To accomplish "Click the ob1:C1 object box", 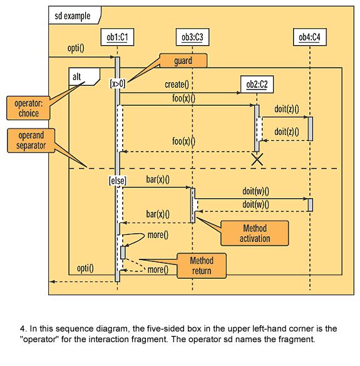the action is [x=117, y=37].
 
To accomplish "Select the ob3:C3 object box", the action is [x=192, y=37].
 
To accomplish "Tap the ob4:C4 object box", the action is [x=310, y=37].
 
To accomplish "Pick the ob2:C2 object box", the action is [x=257, y=84].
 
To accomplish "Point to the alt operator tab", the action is [x=84, y=77].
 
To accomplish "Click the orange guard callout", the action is [x=183, y=61].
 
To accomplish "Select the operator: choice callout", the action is [x=28, y=108].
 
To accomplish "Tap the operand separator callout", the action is [x=31, y=140].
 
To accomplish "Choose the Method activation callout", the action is [x=255, y=233].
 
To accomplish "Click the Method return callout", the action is [x=202, y=266].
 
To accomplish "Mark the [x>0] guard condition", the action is [x=118, y=83].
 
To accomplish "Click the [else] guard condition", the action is [x=118, y=180].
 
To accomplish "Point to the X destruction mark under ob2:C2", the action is [x=257, y=159].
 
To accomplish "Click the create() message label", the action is [x=177, y=85].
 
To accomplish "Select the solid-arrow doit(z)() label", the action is [x=287, y=109].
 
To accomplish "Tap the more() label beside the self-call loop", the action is [x=158, y=235].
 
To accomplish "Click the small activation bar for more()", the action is [x=123, y=253].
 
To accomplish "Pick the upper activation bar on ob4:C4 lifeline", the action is [x=311, y=129].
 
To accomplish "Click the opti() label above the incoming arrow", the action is [x=76, y=48].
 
